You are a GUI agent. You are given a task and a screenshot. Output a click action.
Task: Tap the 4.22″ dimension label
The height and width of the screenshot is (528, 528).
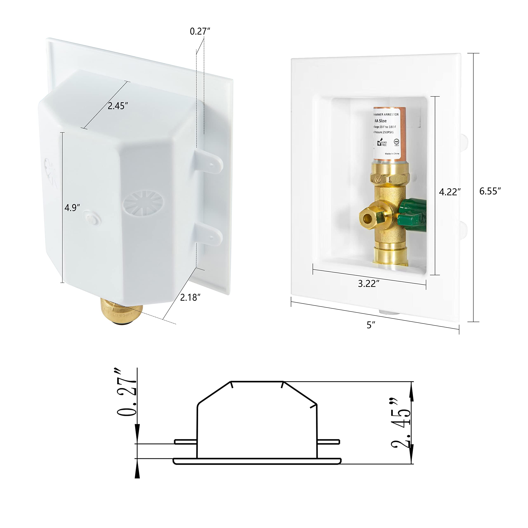[x=450, y=192]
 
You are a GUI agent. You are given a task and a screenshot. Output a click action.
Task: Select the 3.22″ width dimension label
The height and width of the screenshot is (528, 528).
[x=369, y=284]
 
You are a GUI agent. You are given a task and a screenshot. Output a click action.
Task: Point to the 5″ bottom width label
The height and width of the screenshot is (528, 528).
[x=371, y=325]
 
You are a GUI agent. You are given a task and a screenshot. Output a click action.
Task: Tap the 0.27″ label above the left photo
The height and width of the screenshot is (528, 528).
[x=200, y=31]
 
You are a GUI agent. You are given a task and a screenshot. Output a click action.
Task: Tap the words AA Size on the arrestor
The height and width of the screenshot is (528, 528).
[x=380, y=121]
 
